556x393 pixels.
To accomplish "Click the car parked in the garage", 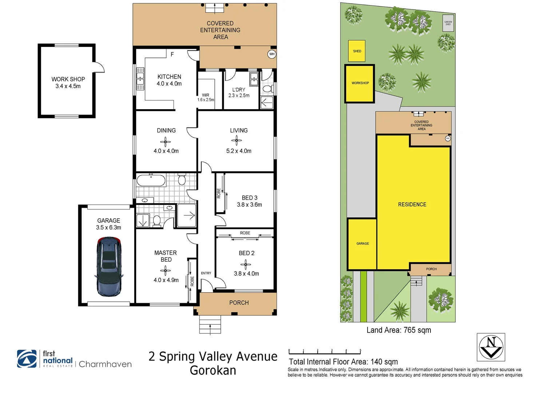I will (108, 266).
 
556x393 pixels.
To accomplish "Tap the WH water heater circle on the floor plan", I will (271, 54).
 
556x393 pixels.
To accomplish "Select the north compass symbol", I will (491, 347).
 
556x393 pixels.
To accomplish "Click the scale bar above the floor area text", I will (325, 352).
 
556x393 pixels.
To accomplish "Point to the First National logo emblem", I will (27, 359).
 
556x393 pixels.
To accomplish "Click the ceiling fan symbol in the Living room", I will (237, 140).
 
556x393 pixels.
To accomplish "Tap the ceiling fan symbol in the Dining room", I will (165, 142).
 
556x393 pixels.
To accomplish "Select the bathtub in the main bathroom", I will (151, 180).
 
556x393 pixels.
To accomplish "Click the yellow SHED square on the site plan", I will (357, 51).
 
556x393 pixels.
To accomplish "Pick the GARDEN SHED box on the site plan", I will (448, 23).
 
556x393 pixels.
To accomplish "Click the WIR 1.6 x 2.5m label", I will (206, 97).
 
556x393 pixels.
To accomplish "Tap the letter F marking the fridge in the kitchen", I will (172, 54).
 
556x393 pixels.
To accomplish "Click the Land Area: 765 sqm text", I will (398, 330).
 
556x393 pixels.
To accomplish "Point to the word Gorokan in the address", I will (213, 370).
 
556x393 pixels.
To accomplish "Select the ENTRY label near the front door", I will (206, 273).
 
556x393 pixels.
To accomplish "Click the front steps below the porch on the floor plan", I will (210, 324).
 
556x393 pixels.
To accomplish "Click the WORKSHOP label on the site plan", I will (360, 83).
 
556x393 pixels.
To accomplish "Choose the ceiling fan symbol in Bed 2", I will (246, 265).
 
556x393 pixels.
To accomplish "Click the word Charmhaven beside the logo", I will (105, 364).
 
